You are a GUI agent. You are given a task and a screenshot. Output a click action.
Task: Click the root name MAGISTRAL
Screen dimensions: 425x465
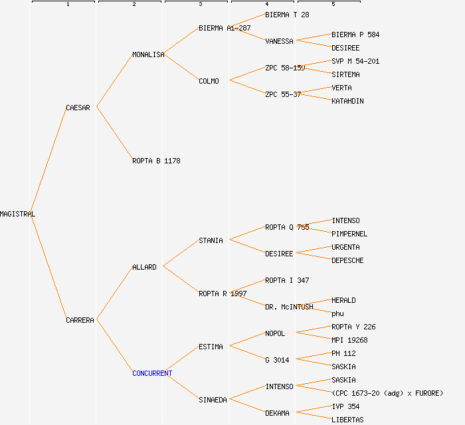pyautogui.click(x=18, y=214)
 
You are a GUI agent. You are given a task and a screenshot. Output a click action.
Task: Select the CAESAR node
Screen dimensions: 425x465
pyautogui.click(x=78, y=108)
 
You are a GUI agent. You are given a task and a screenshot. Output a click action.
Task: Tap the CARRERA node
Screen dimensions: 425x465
pyautogui.click(x=80, y=320)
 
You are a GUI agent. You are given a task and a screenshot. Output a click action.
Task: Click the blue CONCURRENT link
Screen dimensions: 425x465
pyautogui.click(x=152, y=373)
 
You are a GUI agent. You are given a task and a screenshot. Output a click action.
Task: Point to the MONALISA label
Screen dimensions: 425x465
pyautogui.click(x=148, y=54)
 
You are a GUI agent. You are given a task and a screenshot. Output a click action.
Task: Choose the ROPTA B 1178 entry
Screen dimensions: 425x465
pyautogui.click(x=156, y=161)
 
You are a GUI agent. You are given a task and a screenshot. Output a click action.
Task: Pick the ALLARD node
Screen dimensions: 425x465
pyautogui.click(x=144, y=267)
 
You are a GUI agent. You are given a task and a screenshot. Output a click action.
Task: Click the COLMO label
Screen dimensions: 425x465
pyautogui.click(x=209, y=81)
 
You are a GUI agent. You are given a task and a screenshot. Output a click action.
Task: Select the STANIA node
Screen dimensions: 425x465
pyautogui.click(x=211, y=240)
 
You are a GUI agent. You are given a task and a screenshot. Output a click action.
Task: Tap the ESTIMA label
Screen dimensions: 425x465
pyautogui.click(x=211, y=347)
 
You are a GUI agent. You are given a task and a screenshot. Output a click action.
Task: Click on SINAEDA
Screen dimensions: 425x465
pyautogui.click(x=213, y=400)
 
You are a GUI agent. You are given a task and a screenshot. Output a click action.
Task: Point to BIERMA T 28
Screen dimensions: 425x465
pyautogui.click(x=287, y=15)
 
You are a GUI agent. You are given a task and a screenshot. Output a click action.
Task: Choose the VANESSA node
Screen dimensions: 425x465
pyautogui.click(x=279, y=41)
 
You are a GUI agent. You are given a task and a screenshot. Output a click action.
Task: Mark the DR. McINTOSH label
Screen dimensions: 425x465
pyautogui.click(x=289, y=307)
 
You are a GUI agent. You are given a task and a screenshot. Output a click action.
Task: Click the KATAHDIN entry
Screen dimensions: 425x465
pyautogui.click(x=347, y=101)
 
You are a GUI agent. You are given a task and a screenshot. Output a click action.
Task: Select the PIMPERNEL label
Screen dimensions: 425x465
pyautogui.click(x=349, y=234)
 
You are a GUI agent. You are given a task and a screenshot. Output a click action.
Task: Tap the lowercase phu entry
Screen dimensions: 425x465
pyautogui.click(x=337, y=313)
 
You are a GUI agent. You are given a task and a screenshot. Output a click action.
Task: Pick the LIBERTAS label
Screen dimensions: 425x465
pyautogui.click(x=347, y=420)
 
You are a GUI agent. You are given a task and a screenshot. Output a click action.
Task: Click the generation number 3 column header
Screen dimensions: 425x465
pyautogui.click(x=200, y=5)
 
